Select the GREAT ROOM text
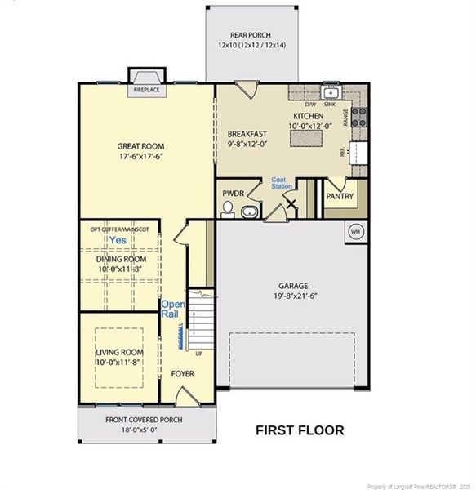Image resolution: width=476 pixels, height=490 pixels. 147,148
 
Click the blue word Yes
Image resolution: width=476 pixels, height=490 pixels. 118,242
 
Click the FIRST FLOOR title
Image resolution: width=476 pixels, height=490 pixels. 300,430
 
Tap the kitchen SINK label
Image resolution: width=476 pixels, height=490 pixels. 330,105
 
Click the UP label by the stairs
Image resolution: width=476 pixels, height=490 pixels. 198,354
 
